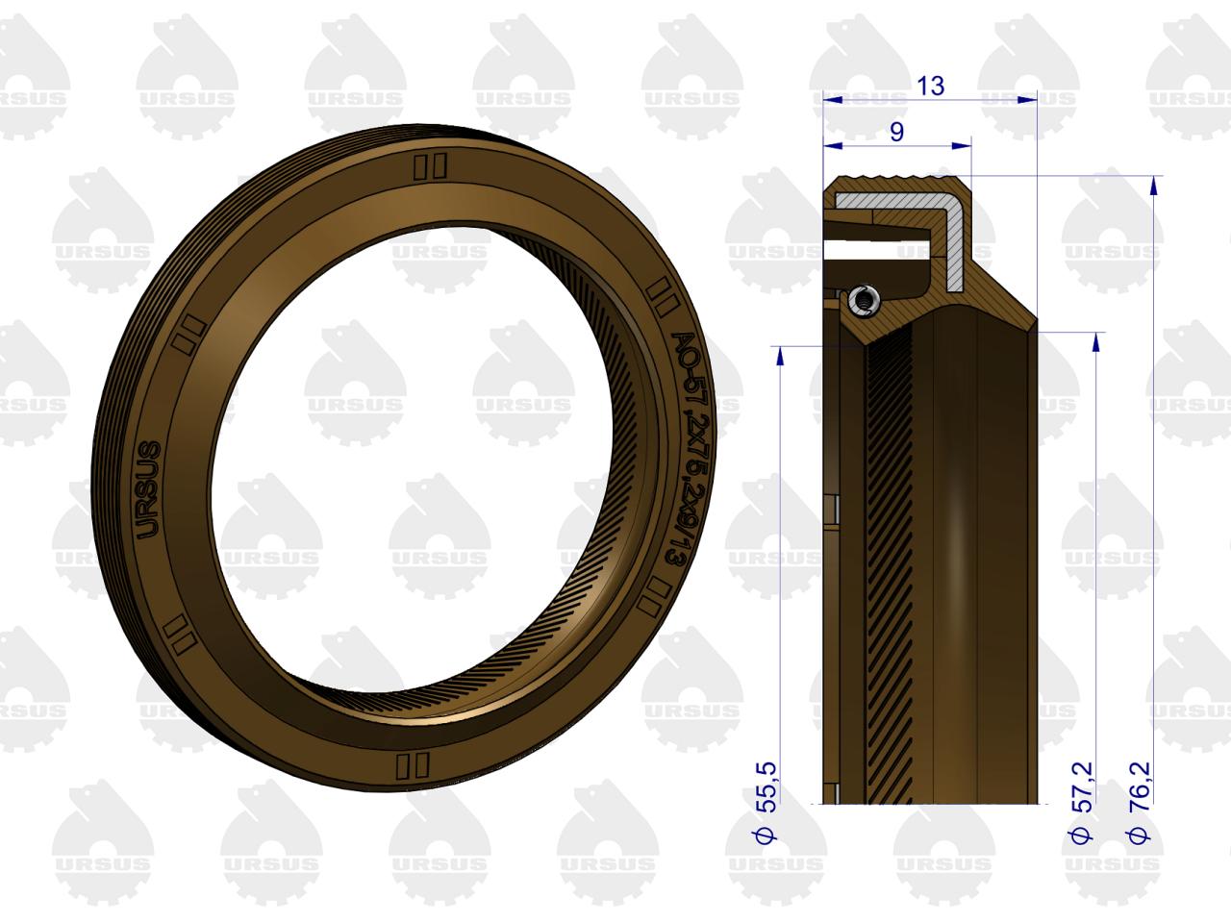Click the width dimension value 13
[x=930, y=86]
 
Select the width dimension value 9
[x=896, y=132]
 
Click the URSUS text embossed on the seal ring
[x=149, y=490]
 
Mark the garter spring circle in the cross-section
[x=861, y=302]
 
